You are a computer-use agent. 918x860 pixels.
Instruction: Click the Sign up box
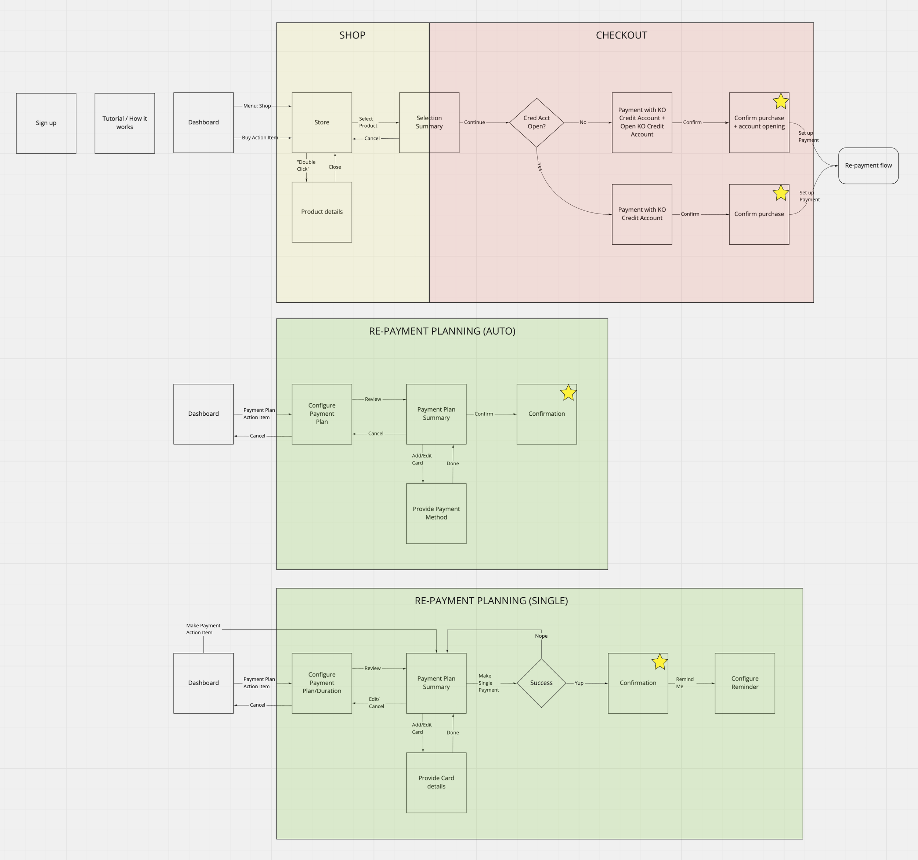click(46, 123)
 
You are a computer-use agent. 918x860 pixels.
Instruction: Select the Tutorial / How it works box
click(125, 123)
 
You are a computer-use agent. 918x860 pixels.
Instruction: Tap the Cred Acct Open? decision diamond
click(536, 123)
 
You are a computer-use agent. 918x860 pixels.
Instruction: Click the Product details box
click(322, 212)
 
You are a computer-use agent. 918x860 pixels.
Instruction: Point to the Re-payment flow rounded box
click(868, 165)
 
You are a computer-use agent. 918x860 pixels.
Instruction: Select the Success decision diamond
click(541, 683)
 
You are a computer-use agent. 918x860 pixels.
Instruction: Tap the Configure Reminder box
click(745, 683)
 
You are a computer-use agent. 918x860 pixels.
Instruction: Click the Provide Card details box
click(436, 783)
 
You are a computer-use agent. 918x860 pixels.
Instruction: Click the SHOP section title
click(353, 36)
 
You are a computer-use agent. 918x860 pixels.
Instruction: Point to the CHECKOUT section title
click(622, 36)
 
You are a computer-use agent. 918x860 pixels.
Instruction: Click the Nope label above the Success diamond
click(541, 636)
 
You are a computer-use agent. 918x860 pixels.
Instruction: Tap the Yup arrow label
click(579, 683)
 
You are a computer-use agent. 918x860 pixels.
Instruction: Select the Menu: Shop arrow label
click(257, 106)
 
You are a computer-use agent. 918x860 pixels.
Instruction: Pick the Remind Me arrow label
click(684, 683)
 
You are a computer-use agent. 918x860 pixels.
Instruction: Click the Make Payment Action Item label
click(203, 629)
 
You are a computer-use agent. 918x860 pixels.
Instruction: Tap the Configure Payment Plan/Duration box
click(322, 683)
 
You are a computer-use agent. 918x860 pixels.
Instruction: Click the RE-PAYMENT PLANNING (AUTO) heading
click(442, 331)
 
